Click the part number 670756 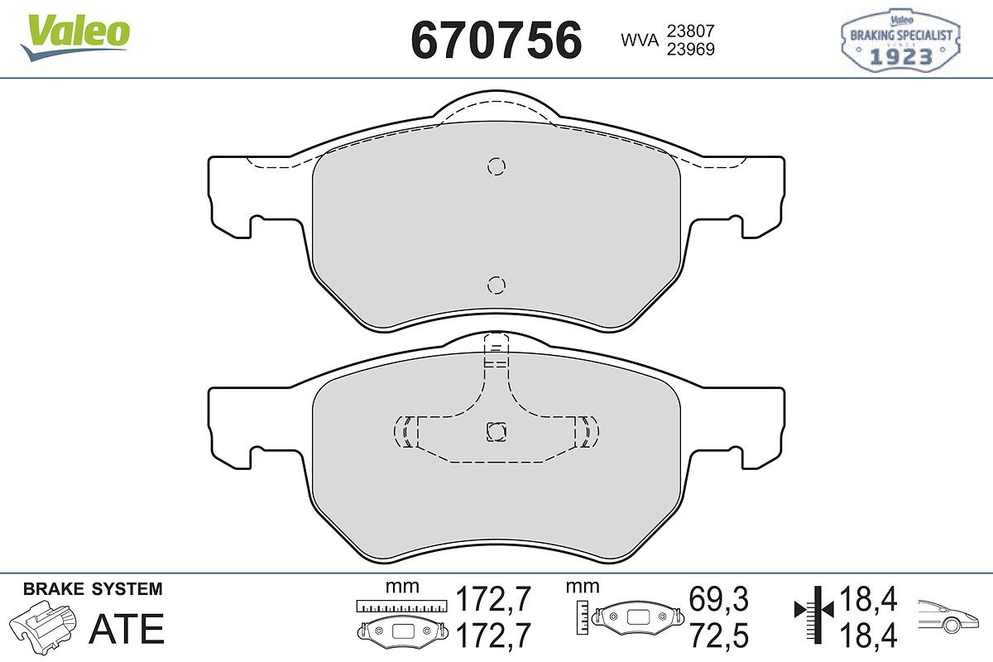[496, 40]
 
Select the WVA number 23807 [691, 31]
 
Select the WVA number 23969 [691, 49]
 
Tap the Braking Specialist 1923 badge [900, 40]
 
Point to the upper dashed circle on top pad [496, 166]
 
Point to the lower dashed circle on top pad [496, 285]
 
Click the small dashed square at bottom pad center [496, 431]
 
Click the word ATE [127, 629]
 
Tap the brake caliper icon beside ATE [43, 624]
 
